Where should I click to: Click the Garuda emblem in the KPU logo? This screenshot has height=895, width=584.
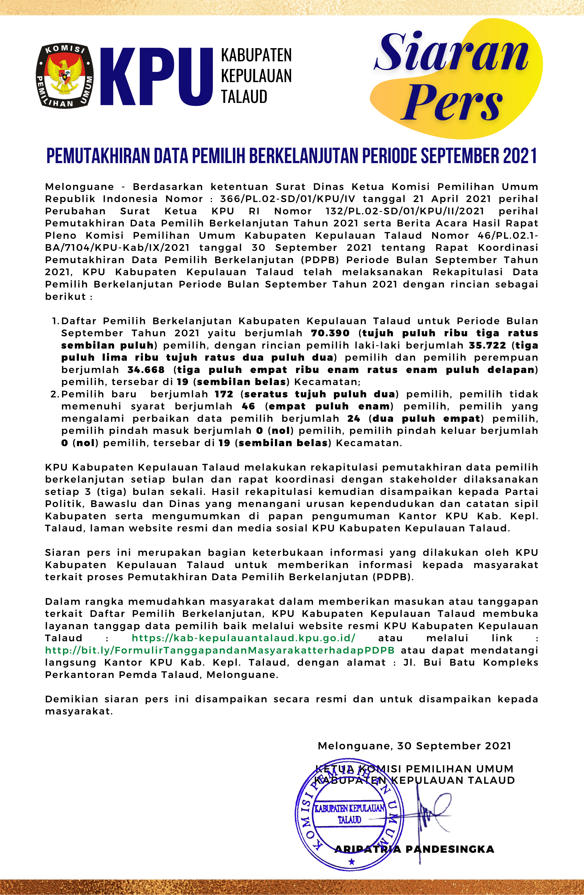click(x=65, y=76)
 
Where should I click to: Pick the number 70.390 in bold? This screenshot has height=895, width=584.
click(x=330, y=333)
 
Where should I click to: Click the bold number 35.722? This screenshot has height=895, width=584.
click(x=487, y=345)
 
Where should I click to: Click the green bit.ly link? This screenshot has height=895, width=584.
click(x=220, y=650)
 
